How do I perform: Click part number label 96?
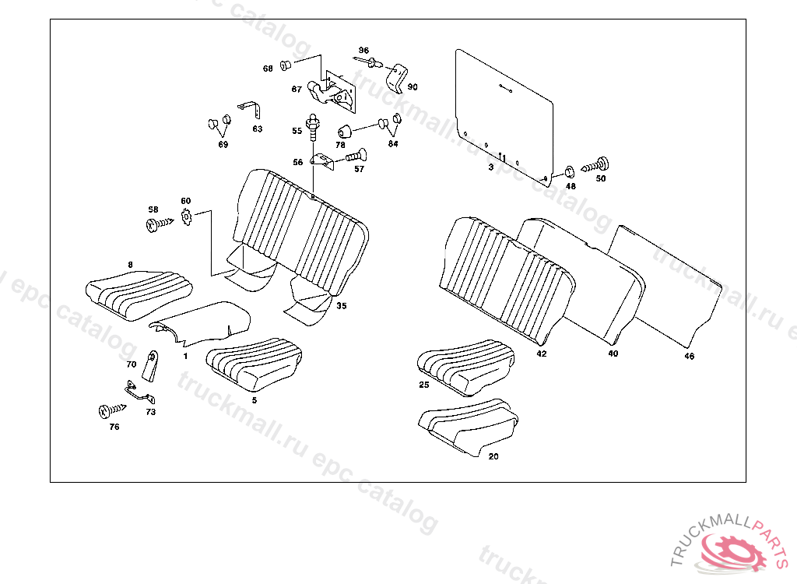(x=363, y=51)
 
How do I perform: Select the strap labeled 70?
(x=151, y=365)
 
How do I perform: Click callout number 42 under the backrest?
(x=541, y=354)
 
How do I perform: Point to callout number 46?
(x=689, y=357)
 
